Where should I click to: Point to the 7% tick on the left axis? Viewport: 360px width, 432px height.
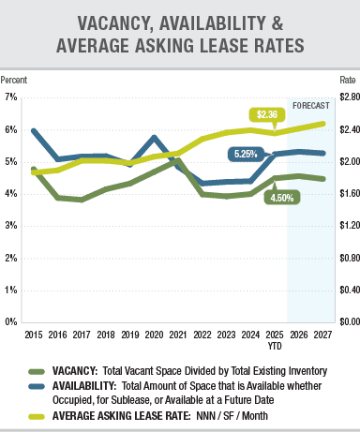coord(10,97)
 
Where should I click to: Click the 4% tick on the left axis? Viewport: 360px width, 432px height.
coord(10,193)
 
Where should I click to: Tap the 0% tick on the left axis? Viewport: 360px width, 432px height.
coord(10,321)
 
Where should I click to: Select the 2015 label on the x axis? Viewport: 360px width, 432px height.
coord(33,334)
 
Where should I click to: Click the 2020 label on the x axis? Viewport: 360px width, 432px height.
coord(155,334)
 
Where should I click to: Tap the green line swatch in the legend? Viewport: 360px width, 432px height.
coord(38,372)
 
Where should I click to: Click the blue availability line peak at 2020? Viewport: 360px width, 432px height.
coord(155,138)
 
